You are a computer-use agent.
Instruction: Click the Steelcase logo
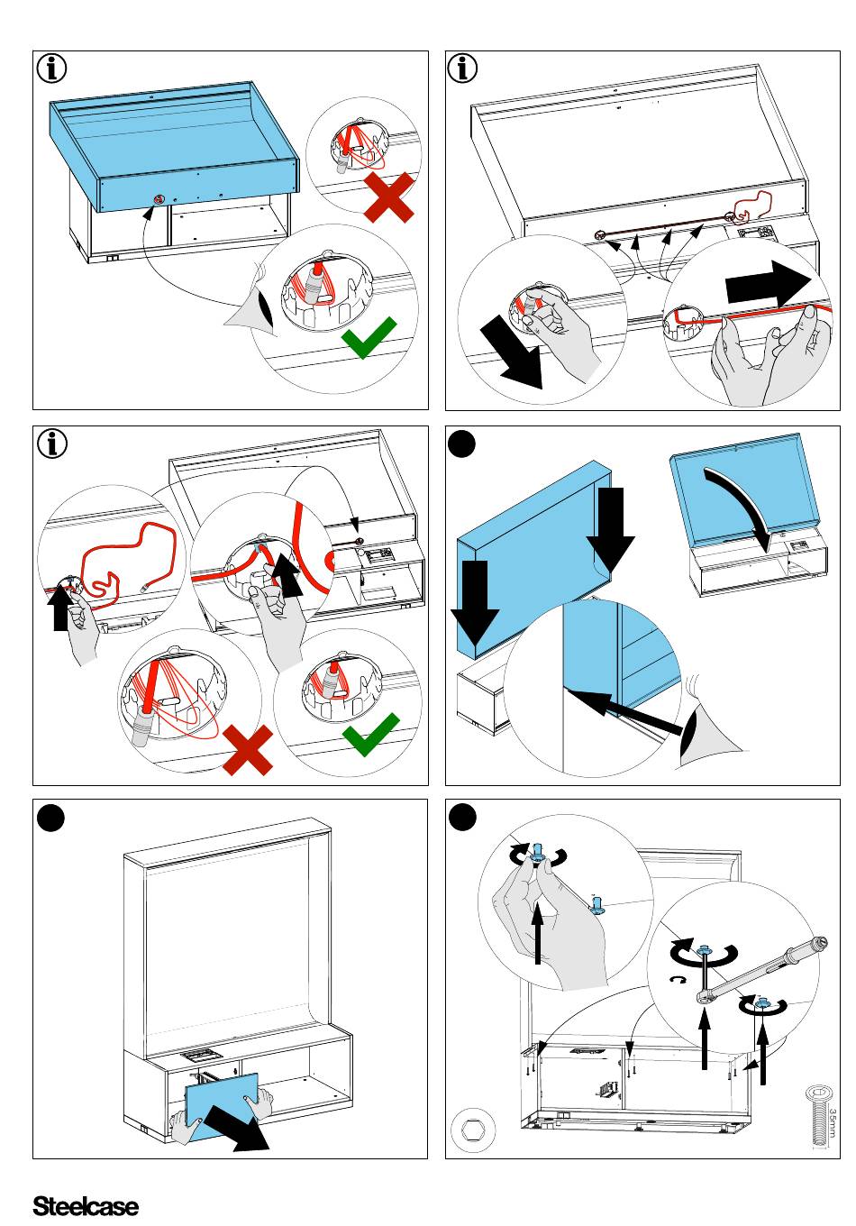tap(86, 1206)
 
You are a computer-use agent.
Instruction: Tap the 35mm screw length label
tap(833, 1122)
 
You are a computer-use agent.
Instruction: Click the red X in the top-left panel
tap(389, 199)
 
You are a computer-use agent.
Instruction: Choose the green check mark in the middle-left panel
tap(370, 736)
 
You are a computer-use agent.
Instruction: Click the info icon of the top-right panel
tap(463, 69)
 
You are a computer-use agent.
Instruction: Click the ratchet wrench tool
tap(761, 969)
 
